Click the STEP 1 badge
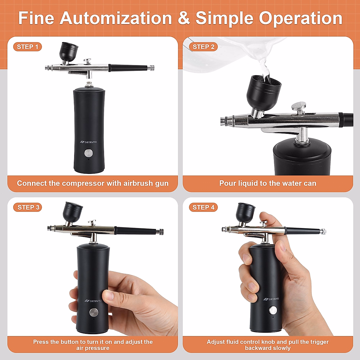tap(28, 47)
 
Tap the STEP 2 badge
tap(203, 47)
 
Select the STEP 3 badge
tap(28, 207)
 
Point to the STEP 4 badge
tap(203, 207)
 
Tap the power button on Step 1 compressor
tap(88, 153)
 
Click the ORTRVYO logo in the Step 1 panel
tap(88, 142)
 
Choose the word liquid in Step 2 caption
tap(248, 183)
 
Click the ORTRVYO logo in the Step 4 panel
tap(271, 299)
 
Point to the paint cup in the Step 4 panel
tap(245, 212)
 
